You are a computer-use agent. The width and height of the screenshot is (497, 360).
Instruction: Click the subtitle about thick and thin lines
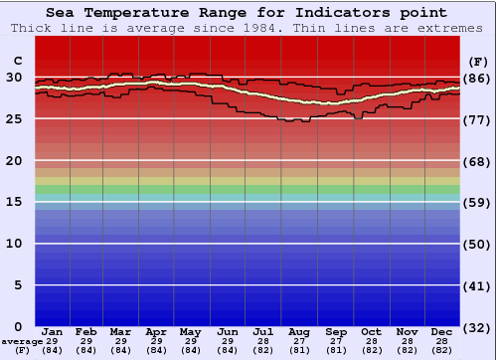[x=248, y=28]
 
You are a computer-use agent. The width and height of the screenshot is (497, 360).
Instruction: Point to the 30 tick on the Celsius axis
[x=15, y=78]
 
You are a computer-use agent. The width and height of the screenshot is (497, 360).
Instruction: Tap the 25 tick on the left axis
[x=15, y=119]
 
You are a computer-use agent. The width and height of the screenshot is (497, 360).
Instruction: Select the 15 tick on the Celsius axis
[x=15, y=202]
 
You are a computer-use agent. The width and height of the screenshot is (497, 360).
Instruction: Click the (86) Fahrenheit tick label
[x=477, y=78]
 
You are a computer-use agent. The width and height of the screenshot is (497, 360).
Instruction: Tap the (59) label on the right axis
[x=477, y=202]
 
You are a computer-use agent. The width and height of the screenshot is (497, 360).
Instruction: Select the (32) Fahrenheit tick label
[x=477, y=327]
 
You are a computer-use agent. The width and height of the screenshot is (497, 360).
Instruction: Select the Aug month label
[x=299, y=331]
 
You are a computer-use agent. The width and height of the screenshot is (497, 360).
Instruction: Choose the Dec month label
[x=443, y=331]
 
